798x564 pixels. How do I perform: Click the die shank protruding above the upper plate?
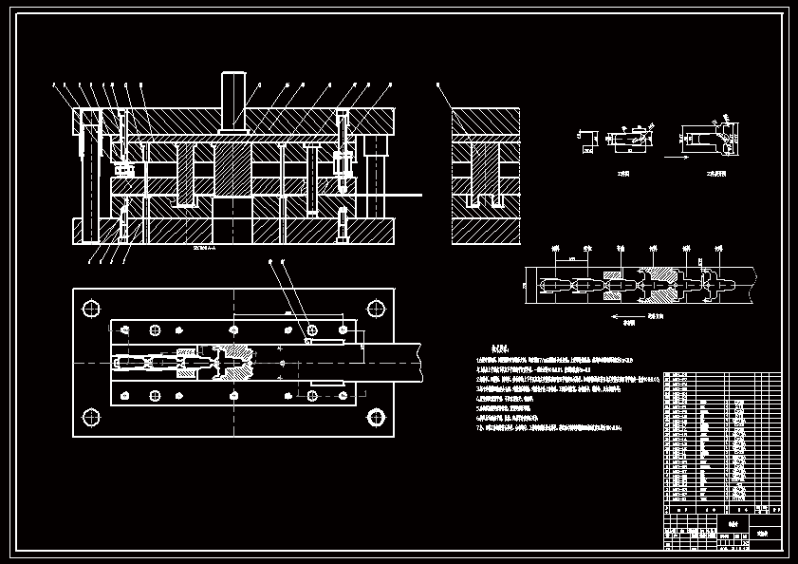(x=233, y=100)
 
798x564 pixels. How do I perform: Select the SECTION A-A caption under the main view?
(x=204, y=248)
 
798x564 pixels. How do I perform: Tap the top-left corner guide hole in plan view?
(x=92, y=308)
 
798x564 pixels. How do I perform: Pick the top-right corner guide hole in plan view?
(x=376, y=308)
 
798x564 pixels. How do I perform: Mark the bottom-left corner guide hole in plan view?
(x=92, y=416)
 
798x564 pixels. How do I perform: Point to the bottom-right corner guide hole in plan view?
(x=376, y=416)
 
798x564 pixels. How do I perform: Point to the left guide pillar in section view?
(x=90, y=176)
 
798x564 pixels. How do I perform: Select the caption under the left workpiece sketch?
(x=622, y=174)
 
